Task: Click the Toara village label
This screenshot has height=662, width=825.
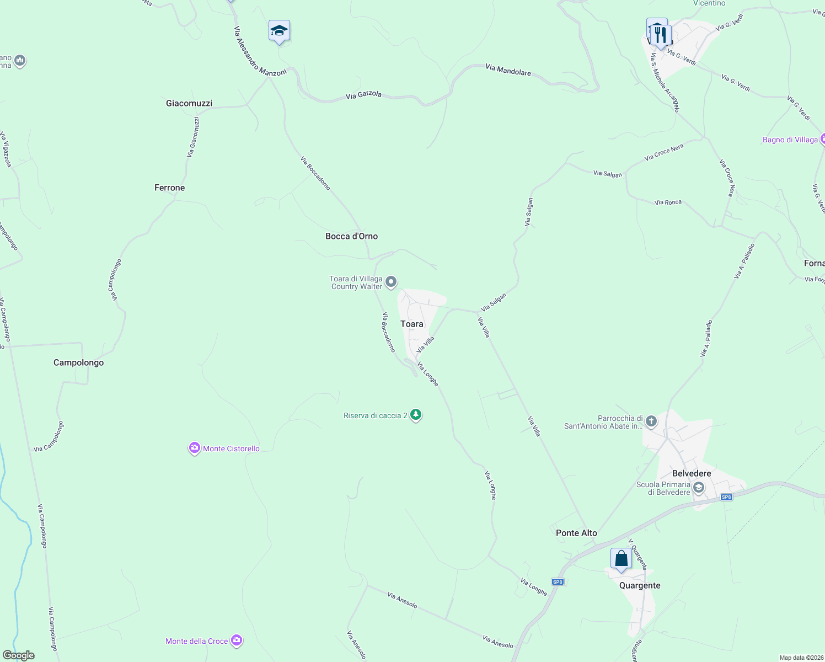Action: coord(411,324)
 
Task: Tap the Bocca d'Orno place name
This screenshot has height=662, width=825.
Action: coord(351,236)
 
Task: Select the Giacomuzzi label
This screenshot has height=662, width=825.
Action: coord(189,103)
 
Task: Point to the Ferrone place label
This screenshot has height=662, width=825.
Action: coord(169,188)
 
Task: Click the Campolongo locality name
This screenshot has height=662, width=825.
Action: coord(78,362)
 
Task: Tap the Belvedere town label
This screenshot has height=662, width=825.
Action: coord(692,473)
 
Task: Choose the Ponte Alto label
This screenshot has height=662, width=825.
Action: coord(576,533)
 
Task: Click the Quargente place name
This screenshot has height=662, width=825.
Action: coord(640,585)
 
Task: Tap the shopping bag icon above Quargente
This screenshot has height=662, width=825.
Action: coord(621,559)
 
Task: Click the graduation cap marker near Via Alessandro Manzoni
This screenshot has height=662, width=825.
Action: coord(279,31)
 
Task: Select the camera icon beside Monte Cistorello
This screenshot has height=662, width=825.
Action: coord(194,449)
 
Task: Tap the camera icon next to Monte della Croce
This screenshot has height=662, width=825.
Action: coord(237,640)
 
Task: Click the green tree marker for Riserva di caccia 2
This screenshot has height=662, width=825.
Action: coord(416,415)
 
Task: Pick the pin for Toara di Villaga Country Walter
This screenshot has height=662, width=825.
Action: coord(391,282)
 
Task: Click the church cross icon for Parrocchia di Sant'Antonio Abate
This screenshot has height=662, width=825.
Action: coord(651,422)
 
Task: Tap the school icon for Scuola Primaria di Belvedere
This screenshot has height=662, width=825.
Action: coord(699,488)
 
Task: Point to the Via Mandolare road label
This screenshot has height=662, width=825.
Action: coord(508,70)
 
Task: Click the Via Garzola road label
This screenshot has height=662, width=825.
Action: coord(363,95)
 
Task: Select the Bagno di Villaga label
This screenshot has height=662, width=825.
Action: coord(790,140)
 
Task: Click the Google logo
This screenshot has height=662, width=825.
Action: coord(19,655)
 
